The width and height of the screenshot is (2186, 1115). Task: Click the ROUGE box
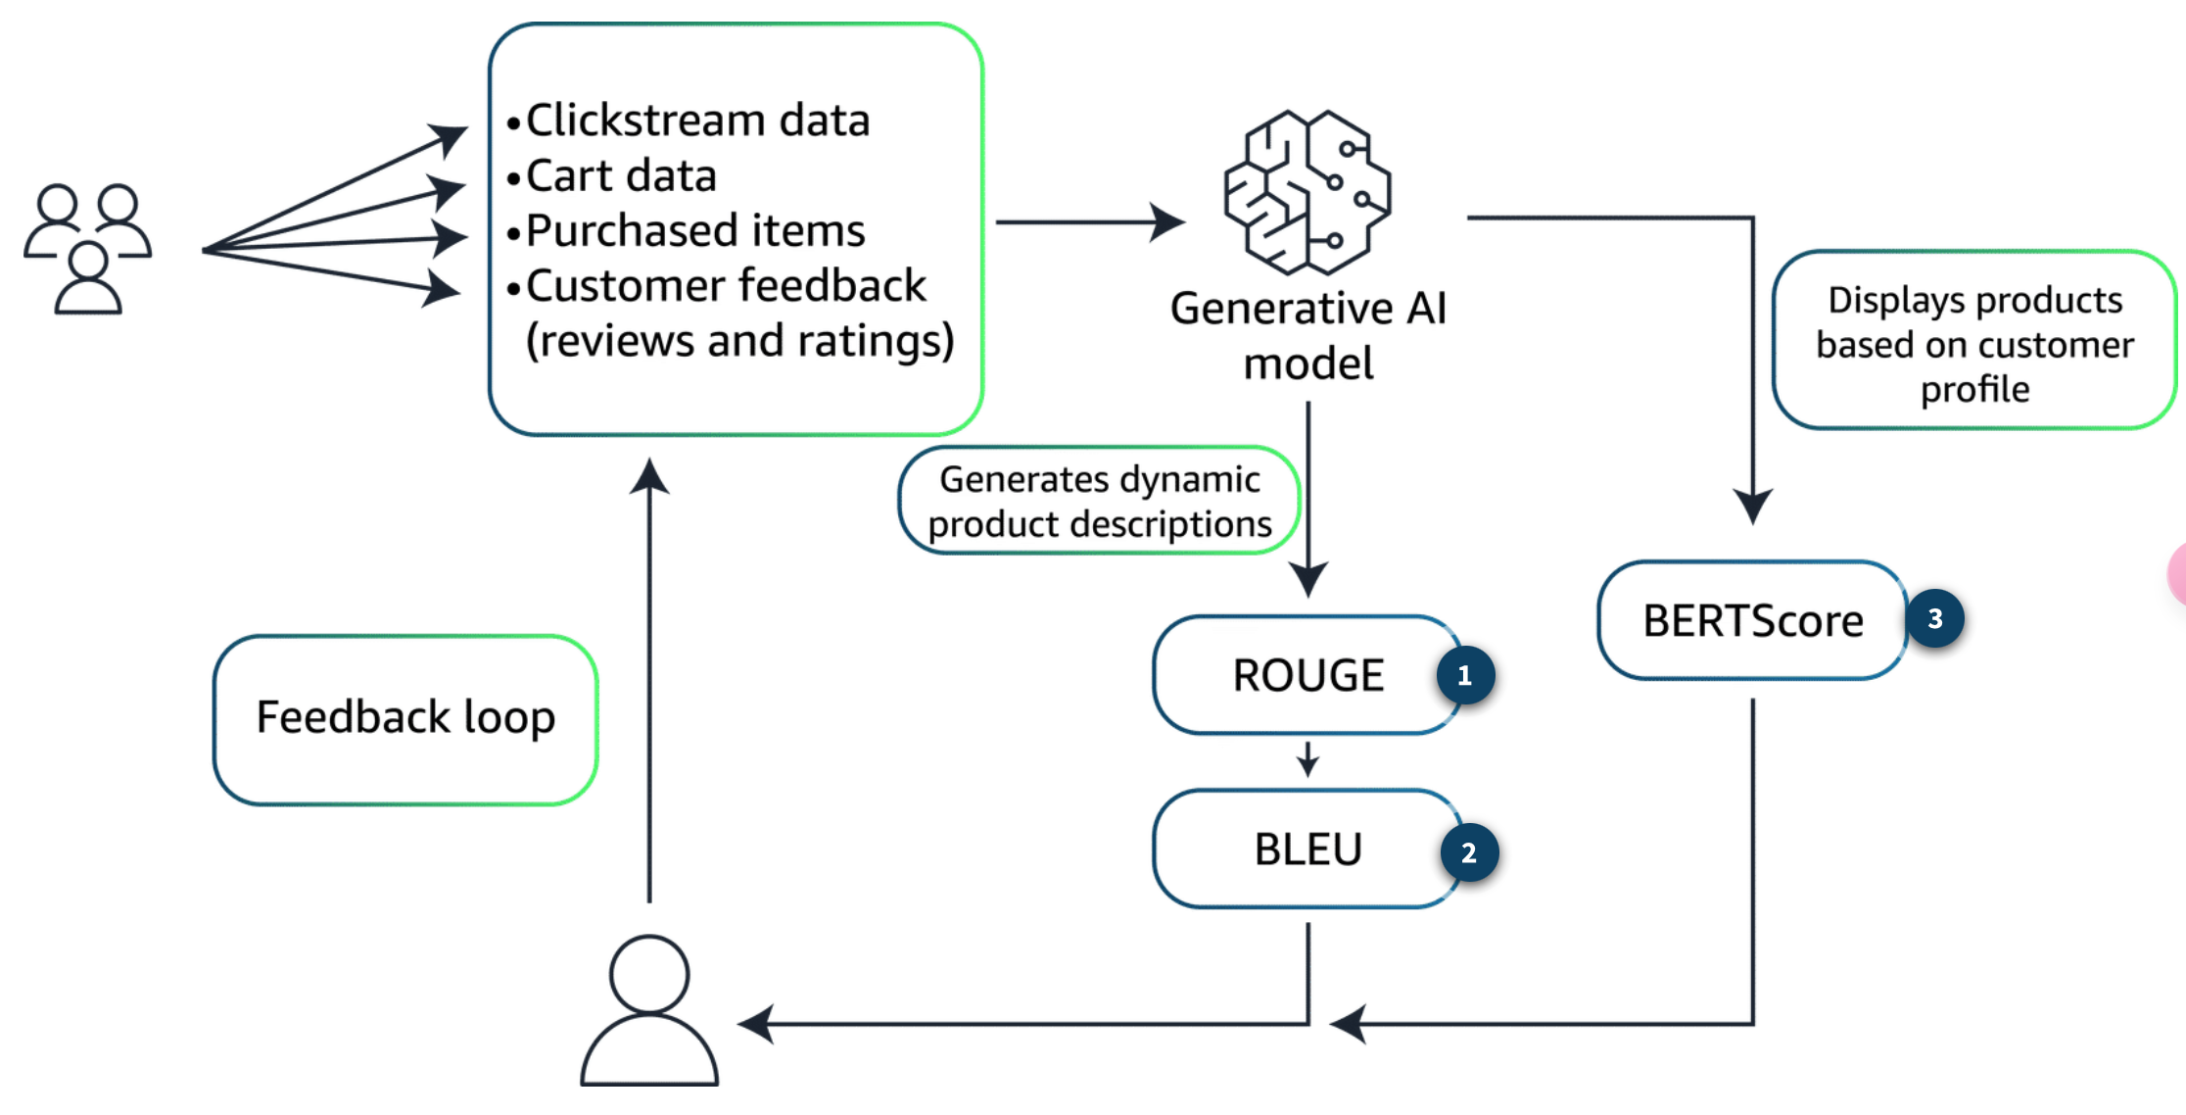[x=1307, y=676]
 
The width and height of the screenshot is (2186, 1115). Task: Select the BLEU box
[x=1307, y=849]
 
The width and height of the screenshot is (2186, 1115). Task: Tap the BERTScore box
[x=1751, y=621]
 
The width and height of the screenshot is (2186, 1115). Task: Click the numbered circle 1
[x=1465, y=675]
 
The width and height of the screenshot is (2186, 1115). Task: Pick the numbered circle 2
[x=1469, y=852]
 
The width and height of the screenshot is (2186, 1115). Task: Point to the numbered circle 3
[x=1935, y=618]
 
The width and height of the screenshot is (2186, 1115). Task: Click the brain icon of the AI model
[x=1307, y=192]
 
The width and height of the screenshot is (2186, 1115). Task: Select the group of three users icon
[x=88, y=249]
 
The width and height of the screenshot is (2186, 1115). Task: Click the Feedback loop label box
[x=405, y=719]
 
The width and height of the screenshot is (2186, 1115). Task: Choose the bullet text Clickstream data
[x=697, y=121]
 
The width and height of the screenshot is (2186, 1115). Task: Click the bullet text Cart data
[x=621, y=176]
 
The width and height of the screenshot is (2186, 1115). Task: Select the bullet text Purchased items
[x=695, y=231]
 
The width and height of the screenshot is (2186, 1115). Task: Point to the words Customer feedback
[x=725, y=286]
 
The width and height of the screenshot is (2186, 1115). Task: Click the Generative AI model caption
[x=1307, y=335]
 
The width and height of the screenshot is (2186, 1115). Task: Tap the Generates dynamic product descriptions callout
[x=1099, y=502]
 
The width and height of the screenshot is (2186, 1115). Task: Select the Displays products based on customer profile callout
[x=1973, y=343]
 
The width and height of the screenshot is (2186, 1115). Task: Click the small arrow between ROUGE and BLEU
[x=1307, y=759]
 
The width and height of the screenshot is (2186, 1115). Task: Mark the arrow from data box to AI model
[x=1089, y=222]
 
